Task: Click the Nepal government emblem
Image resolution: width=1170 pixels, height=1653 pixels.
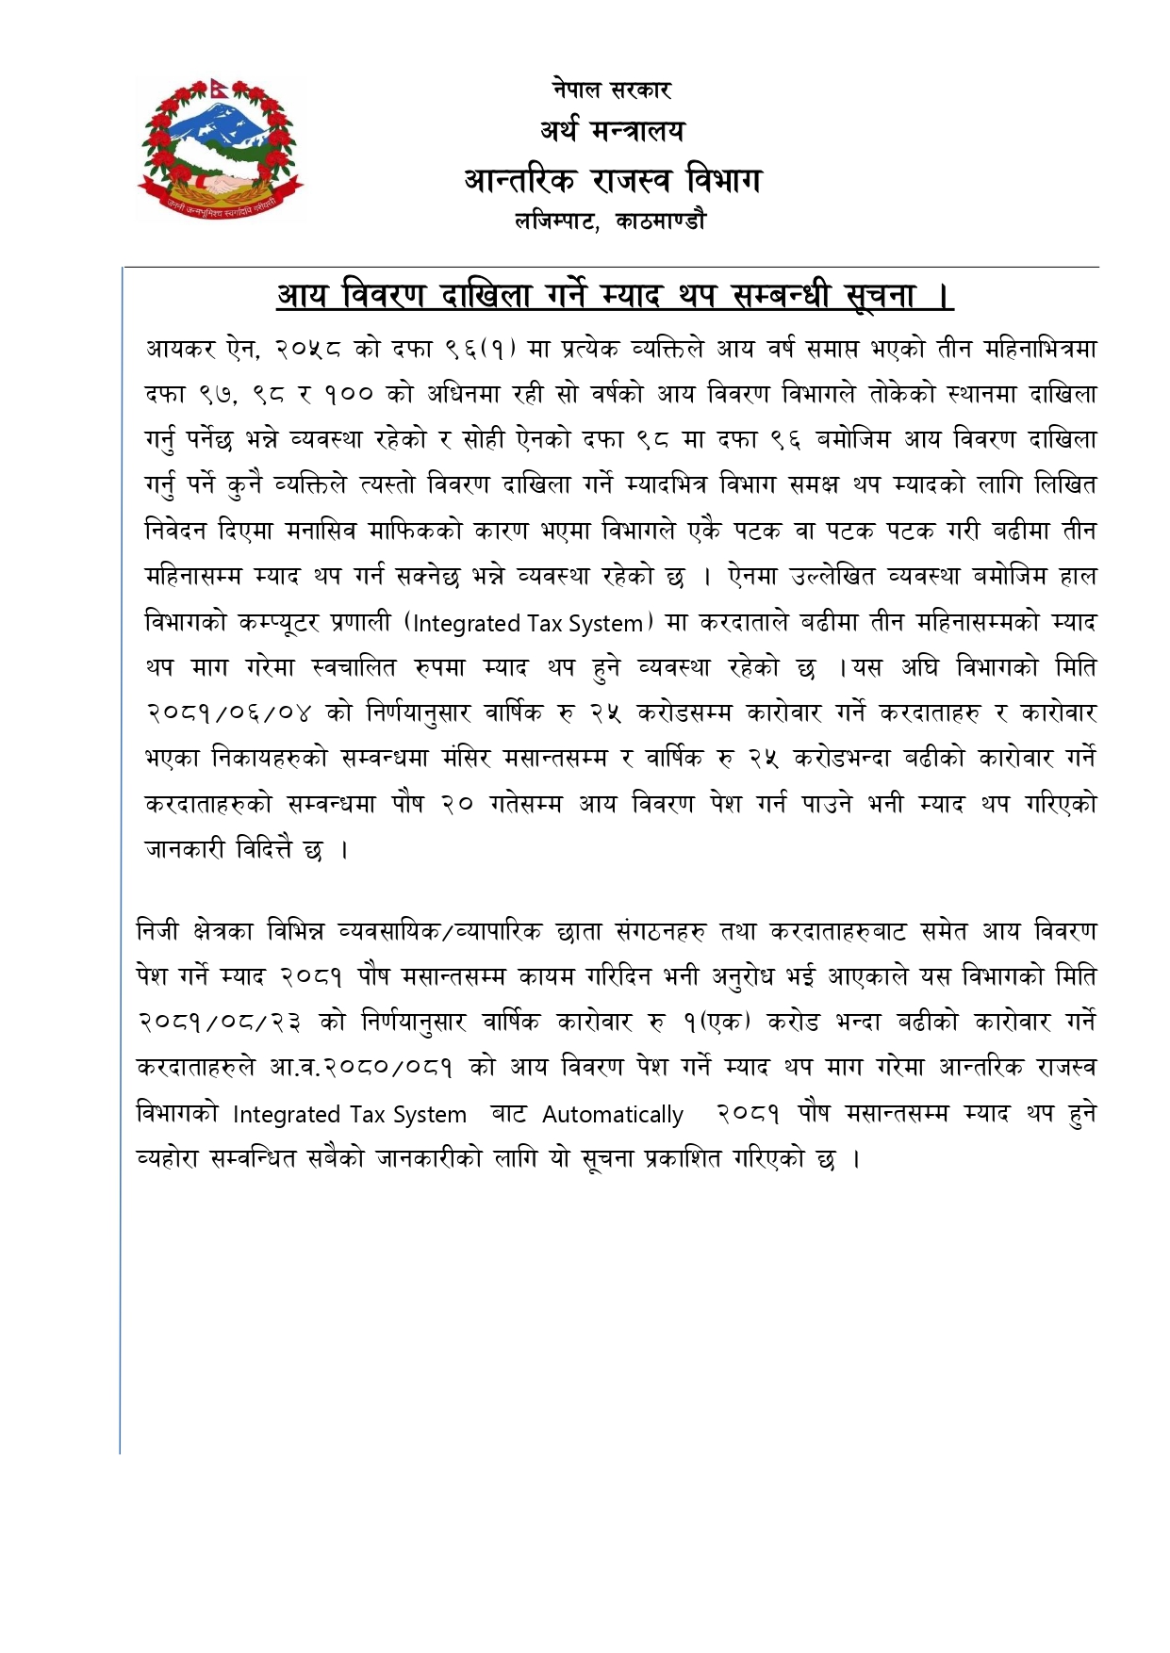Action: pyautogui.click(x=222, y=149)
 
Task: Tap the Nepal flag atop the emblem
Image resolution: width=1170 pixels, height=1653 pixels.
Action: pyautogui.click(x=216, y=90)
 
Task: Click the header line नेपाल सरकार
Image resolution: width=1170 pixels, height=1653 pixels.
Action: pyautogui.click(x=611, y=90)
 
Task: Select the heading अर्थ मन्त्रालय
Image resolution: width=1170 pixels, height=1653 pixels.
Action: pyautogui.click(x=612, y=131)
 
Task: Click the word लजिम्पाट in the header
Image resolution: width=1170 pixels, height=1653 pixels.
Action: pyautogui.click(x=555, y=221)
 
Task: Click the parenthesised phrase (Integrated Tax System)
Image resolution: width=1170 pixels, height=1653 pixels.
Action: pyautogui.click(x=528, y=623)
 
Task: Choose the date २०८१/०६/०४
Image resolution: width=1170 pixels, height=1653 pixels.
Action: pyautogui.click(x=229, y=713)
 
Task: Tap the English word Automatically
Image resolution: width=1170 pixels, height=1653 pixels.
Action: pyautogui.click(x=613, y=1115)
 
